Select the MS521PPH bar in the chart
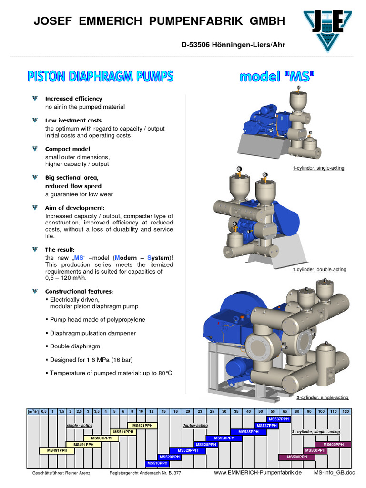point(142,426)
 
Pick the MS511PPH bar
point(122,432)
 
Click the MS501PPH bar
point(101,438)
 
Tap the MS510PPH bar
point(157,463)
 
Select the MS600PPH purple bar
point(333,444)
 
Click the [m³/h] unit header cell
point(33,411)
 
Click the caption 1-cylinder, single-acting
point(318,168)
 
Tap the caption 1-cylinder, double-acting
point(319,270)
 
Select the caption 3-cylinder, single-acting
point(323,397)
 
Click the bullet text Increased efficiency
point(73,99)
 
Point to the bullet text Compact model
point(67,149)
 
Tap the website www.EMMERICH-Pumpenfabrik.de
point(258,473)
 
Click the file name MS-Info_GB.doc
point(335,473)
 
